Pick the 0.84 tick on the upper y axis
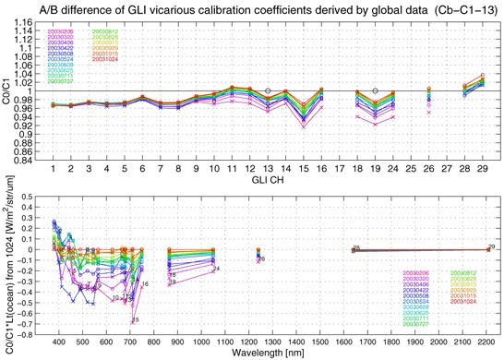pyautogui.click(x=30, y=160)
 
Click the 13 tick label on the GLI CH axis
pyautogui.click(x=268, y=170)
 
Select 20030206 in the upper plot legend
pyautogui.click(x=61, y=32)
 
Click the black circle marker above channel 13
pyautogui.click(x=268, y=90)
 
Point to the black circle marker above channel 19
pyautogui.click(x=375, y=90)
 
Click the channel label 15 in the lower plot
pyautogui.click(x=136, y=320)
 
